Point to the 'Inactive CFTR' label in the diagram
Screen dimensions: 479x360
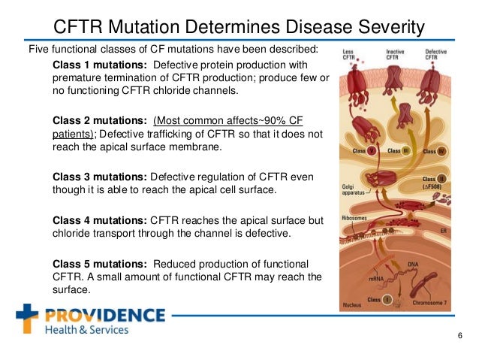[395, 54]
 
